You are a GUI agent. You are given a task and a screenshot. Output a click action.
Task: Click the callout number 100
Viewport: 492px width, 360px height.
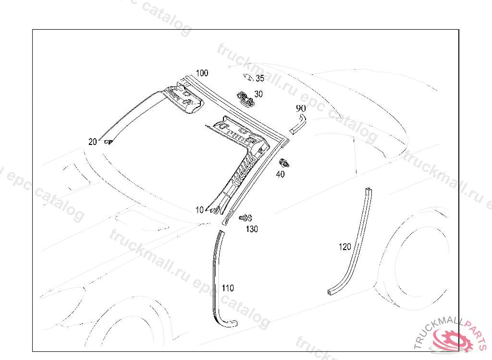pos(202,73)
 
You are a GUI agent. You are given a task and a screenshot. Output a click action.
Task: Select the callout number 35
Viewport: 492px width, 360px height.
pos(259,79)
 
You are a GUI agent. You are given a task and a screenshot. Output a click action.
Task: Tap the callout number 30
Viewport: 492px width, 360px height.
pos(258,94)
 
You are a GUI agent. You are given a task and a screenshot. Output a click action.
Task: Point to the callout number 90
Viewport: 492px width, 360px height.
pos(301,108)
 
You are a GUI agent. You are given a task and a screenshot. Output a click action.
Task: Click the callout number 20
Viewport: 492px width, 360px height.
pos(93,142)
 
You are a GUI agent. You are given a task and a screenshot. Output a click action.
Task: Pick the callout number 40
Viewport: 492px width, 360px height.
pos(280,174)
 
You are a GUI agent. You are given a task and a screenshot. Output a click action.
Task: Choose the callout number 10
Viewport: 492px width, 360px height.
pos(200,210)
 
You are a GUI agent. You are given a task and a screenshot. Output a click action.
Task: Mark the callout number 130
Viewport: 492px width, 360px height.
pos(252,229)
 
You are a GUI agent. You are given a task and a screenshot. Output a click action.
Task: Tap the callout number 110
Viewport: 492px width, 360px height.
pos(228,288)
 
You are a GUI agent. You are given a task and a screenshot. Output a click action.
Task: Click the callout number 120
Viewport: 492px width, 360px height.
pos(345,247)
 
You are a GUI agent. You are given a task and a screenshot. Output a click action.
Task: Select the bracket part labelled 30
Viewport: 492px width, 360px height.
pos(246,97)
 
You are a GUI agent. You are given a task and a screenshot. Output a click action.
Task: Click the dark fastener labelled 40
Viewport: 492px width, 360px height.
pos(284,163)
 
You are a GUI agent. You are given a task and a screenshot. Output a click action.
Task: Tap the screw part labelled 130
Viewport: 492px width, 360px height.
pos(246,218)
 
